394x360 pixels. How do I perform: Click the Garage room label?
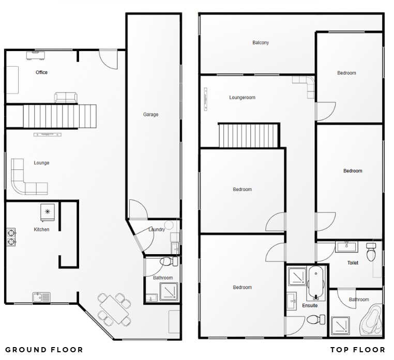pyautogui.click(x=151, y=115)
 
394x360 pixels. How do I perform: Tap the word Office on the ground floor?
pyautogui.click(x=41, y=72)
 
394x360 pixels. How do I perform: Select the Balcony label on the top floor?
pyautogui.click(x=261, y=43)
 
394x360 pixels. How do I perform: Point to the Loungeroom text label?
pyautogui.click(x=243, y=98)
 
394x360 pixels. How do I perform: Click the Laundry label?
pyautogui.click(x=157, y=229)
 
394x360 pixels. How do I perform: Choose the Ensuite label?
pyautogui.click(x=310, y=306)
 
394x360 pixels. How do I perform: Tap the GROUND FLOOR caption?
pyautogui.click(x=44, y=350)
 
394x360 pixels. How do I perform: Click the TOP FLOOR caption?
pyautogui.click(x=358, y=350)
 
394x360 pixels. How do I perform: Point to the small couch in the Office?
pyautogui.click(x=66, y=97)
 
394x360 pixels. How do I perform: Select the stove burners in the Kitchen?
pyautogui.click(x=11, y=237)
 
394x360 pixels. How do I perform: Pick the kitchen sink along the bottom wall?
pyautogui.click(x=41, y=297)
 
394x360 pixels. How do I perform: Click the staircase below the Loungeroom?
pyautogui.click(x=248, y=135)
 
